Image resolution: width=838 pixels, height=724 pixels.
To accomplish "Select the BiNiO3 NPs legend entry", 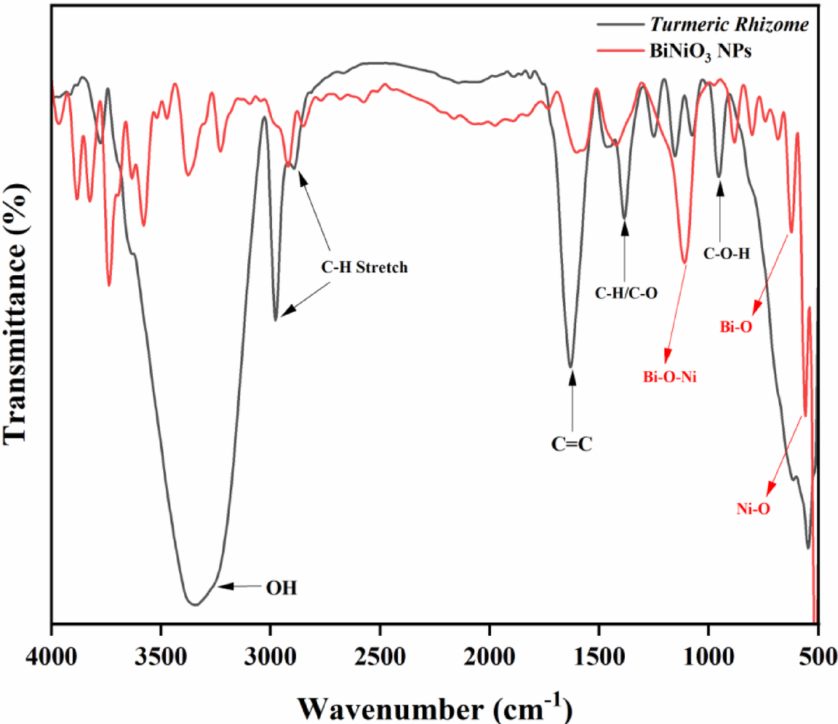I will (700, 51).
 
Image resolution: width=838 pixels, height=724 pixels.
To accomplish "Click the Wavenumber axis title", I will (435, 707).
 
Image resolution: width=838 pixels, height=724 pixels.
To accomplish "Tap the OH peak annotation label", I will (281, 589).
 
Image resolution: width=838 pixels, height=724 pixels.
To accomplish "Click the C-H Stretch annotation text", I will (364, 268).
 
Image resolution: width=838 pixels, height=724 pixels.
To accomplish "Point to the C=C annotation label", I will (572, 444).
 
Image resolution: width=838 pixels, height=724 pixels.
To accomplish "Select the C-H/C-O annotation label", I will (626, 293).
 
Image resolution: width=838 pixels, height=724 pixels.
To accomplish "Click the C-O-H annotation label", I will (726, 254).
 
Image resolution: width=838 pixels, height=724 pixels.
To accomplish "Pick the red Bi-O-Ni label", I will (669, 377).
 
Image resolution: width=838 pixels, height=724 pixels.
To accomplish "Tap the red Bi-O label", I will (736, 327).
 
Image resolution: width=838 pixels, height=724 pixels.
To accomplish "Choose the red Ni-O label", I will (753, 509).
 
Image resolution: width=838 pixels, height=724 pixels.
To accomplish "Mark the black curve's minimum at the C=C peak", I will (571, 366).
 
